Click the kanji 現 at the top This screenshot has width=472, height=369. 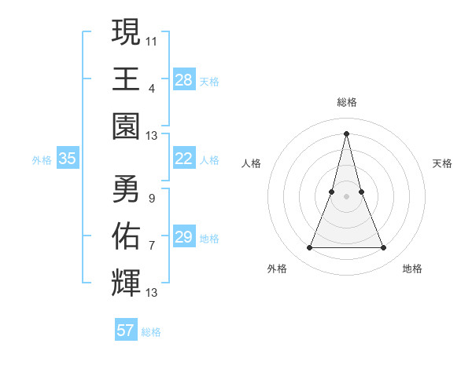point(126,33)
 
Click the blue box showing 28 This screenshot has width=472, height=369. point(183,80)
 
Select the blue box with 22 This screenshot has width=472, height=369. point(183,159)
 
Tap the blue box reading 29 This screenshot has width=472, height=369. point(183,237)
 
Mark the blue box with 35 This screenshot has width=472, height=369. point(67,159)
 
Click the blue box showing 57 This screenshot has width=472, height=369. point(125,331)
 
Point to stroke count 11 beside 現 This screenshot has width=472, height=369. point(152,40)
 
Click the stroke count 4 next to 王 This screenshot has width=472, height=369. point(152,88)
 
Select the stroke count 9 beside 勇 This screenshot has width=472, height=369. point(152,198)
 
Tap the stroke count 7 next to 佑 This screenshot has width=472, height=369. point(152,245)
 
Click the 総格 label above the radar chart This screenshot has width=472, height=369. point(346,102)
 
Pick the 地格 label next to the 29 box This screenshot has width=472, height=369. point(209,238)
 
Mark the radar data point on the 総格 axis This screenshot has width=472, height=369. point(346,133)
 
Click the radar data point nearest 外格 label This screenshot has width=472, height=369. point(309,248)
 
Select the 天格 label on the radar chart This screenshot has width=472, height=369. point(442,163)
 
